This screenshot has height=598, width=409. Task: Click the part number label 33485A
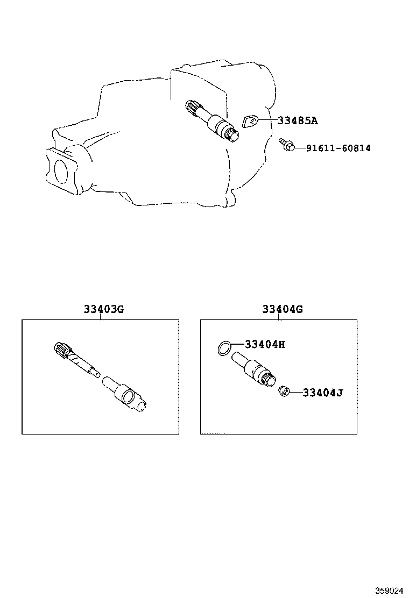tap(297, 121)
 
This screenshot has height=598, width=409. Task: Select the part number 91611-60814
tap(338, 148)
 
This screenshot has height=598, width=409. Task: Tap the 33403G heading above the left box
tap(104, 309)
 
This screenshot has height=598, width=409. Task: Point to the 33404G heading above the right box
tap(283, 309)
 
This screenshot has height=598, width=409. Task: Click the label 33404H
tap(265, 344)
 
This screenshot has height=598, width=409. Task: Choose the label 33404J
tap(323, 393)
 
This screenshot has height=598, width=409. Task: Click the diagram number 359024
tap(389, 590)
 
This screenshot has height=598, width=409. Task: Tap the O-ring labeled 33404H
tap(224, 348)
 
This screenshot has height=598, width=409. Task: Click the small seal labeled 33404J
tap(284, 391)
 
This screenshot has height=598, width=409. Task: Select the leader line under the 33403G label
tap(101, 317)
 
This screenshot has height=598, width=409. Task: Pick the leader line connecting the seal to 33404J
tap(295, 392)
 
